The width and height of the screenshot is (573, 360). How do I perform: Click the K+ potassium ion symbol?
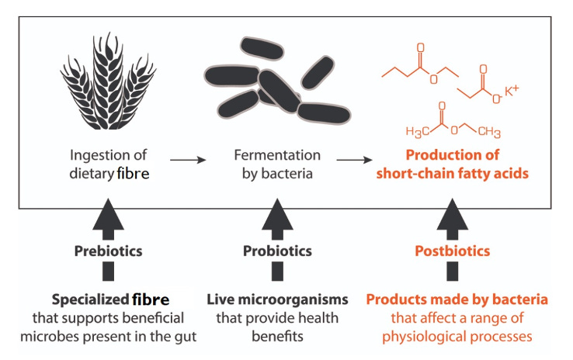point(512,92)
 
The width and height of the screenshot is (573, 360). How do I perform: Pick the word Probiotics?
point(277,251)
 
